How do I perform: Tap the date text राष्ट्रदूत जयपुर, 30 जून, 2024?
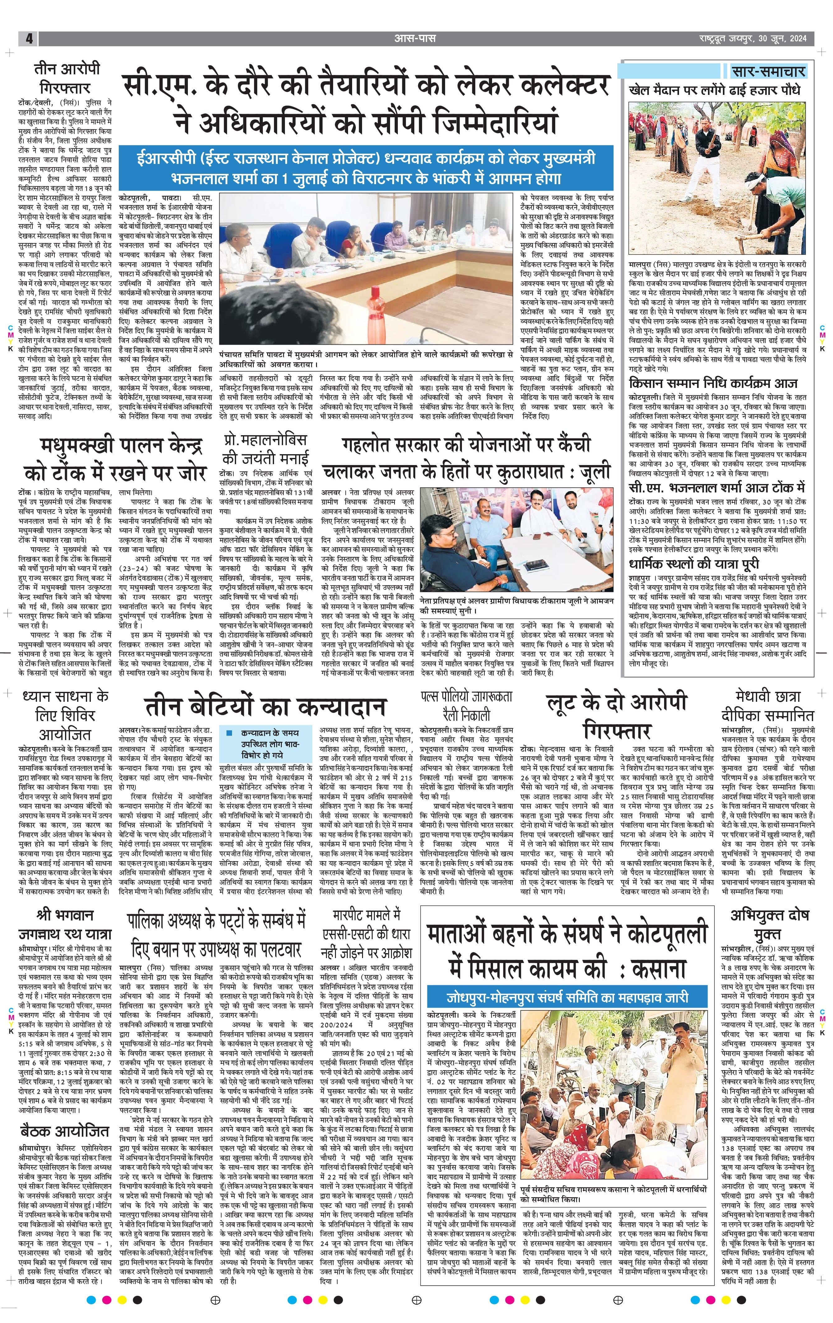753,39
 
